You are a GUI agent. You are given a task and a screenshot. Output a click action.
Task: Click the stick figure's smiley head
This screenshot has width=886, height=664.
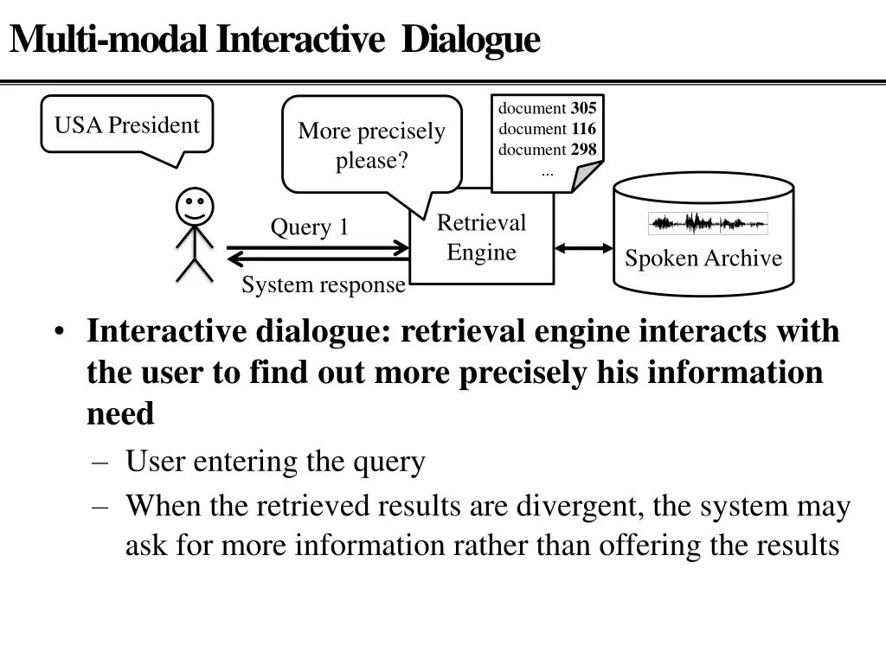pyautogui.click(x=195, y=207)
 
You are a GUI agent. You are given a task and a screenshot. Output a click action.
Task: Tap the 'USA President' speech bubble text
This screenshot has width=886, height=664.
pyautogui.click(x=126, y=125)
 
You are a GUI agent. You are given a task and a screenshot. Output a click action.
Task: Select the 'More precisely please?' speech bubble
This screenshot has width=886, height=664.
pyautogui.click(x=371, y=145)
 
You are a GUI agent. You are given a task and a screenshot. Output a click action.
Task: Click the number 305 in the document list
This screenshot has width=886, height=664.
pyautogui.click(x=583, y=108)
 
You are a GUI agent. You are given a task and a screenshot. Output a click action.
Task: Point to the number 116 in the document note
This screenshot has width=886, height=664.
pyautogui.click(x=583, y=129)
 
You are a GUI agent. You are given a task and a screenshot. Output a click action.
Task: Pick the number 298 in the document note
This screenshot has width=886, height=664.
pyautogui.click(x=583, y=149)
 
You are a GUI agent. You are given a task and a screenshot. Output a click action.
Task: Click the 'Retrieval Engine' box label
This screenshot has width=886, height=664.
pyautogui.click(x=481, y=237)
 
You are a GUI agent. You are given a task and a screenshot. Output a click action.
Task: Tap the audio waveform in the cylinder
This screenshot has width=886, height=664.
pyautogui.click(x=708, y=224)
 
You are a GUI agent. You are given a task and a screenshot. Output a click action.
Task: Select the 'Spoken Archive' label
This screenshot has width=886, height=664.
pyautogui.click(x=703, y=259)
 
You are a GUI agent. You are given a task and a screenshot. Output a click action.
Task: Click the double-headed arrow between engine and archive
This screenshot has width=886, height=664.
pyautogui.click(x=583, y=249)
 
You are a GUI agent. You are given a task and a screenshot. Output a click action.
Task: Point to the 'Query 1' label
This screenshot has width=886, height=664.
pyautogui.click(x=309, y=227)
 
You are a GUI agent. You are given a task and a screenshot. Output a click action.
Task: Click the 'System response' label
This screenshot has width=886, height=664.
pyautogui.click(x=324, y=285)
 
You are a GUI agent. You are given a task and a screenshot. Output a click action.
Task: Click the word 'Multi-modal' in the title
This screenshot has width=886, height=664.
pyautogui.click(x=108, y=39)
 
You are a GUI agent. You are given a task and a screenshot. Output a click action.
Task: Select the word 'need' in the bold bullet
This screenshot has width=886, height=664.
pyautogui.click(x=120, y=414)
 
